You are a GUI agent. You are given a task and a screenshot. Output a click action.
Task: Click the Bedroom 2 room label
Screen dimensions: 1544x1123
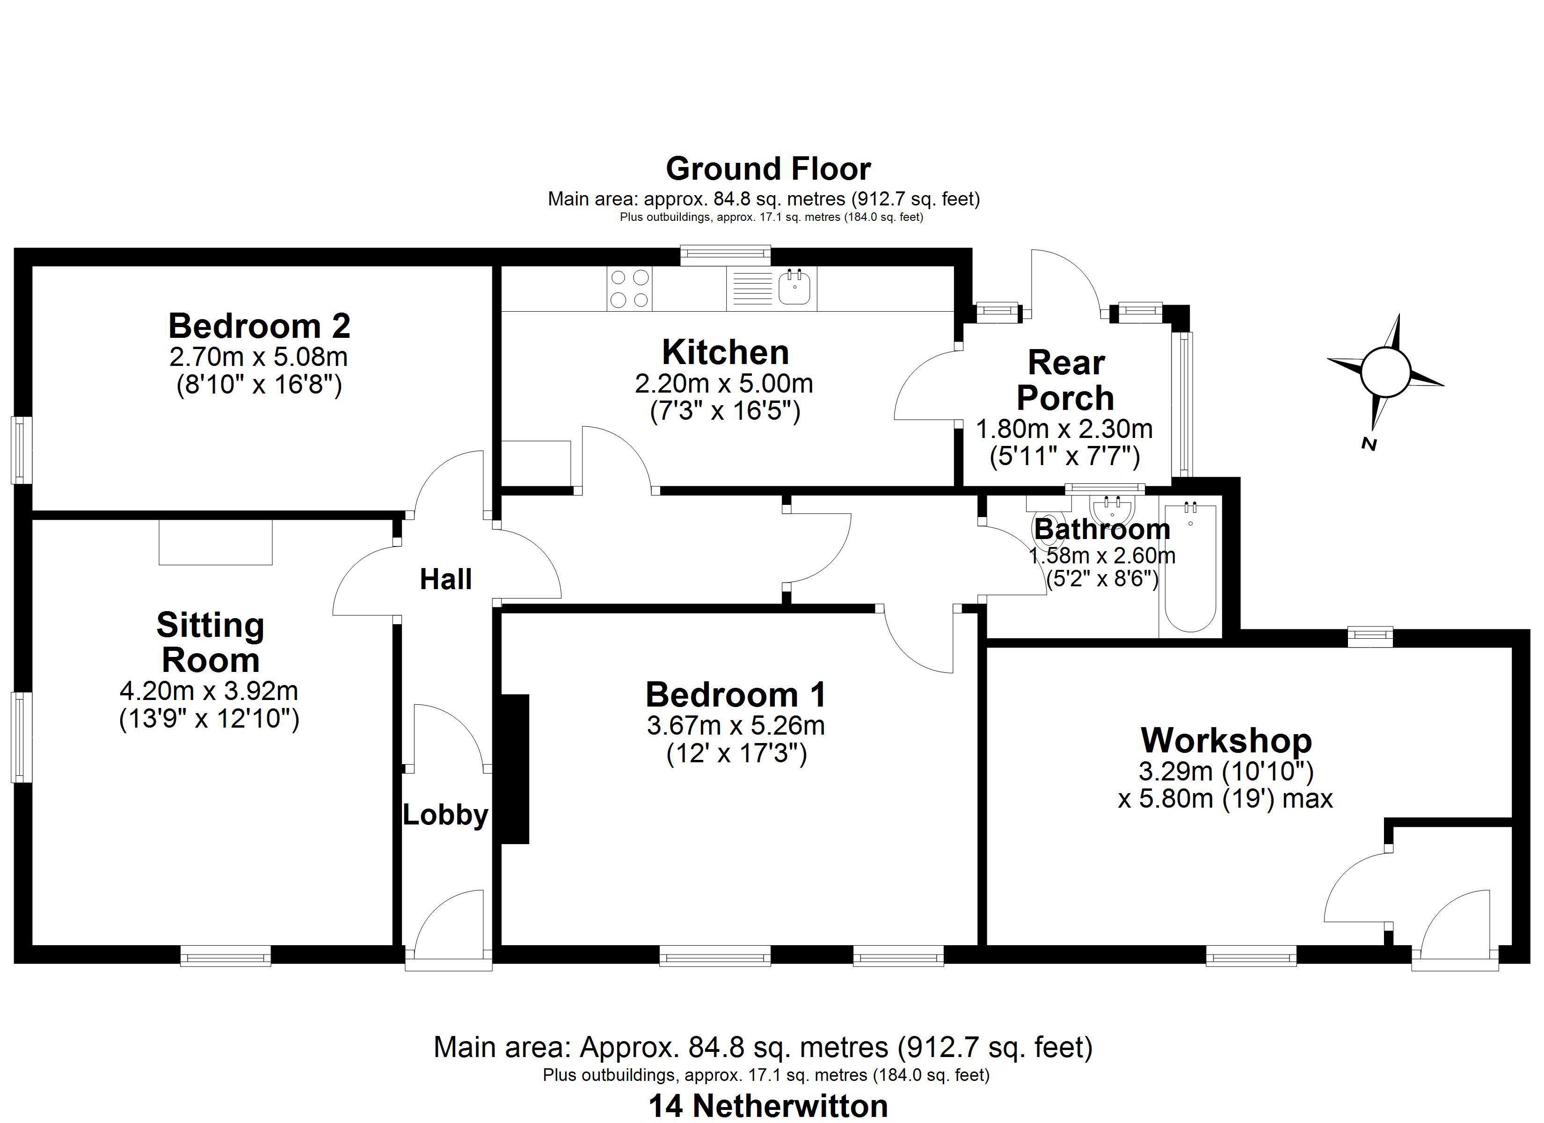tap(259, 326)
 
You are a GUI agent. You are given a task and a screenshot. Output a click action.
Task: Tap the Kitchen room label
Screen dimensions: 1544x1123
tap(726, 353)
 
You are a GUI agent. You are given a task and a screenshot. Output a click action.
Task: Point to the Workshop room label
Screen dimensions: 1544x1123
tap(1226, 740)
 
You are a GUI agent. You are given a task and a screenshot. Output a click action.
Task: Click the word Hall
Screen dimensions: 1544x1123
tap(446, 580)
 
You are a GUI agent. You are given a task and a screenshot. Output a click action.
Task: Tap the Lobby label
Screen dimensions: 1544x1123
tap(446, 815)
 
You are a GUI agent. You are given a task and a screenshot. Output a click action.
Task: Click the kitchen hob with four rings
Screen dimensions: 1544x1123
tap(630, 288)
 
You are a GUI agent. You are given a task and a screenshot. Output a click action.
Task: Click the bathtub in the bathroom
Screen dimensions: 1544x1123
tap(1191, 568)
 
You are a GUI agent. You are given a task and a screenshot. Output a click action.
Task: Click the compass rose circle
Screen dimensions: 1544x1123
tap(1385, 372)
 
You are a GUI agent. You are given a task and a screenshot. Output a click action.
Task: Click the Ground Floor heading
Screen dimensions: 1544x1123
tap(769, 169)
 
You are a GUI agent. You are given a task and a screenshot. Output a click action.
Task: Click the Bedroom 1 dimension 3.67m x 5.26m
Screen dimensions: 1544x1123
tap(736, 726)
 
